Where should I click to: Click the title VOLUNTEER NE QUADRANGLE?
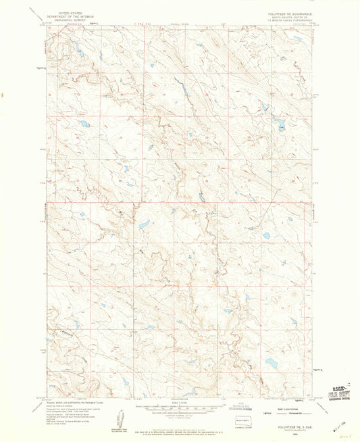tap(285, 13)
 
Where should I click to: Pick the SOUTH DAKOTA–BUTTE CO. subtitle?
tap(285, 17)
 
